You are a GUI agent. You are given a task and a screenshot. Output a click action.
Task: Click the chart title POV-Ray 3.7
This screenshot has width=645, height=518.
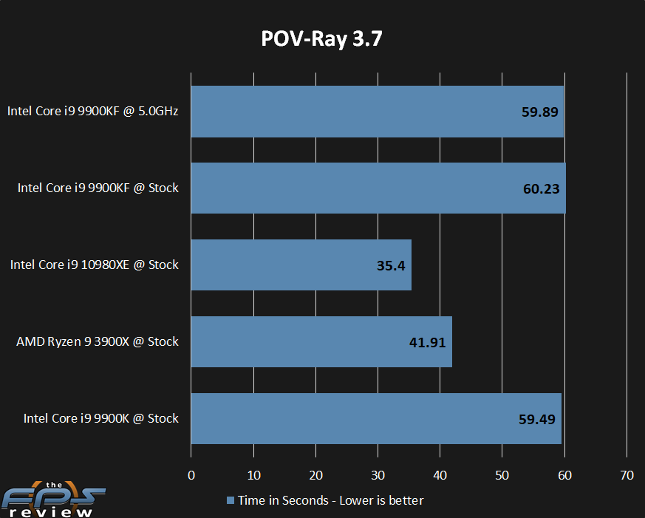(322, 39)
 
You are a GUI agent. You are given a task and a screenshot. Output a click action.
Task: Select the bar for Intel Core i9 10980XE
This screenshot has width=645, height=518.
(301, 265)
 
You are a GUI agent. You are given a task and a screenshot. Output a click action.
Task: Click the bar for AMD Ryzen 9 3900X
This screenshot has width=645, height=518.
(321, 341)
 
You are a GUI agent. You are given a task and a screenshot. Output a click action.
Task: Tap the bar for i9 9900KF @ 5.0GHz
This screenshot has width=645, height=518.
(377, 112)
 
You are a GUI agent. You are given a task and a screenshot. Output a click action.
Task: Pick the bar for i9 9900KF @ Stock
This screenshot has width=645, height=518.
(378, 188)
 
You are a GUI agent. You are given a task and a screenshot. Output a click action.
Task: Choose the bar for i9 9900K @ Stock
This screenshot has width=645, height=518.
(376, 418)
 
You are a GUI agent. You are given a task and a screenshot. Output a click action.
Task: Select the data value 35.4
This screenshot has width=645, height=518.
(391, 265)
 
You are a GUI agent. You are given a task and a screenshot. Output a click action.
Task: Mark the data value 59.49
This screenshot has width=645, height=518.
(536, 419)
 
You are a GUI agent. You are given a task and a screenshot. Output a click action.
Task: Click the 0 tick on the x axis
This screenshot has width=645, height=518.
(191, 475)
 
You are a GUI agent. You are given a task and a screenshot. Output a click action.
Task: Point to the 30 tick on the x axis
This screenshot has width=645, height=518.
(378, 475)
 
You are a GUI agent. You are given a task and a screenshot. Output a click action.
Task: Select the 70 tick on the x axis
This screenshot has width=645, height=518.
(627, 475)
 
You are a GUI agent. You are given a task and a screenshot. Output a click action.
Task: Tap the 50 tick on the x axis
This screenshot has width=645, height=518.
(502, 475)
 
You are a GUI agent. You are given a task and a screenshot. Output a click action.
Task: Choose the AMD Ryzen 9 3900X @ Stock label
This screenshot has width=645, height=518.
(98, 341)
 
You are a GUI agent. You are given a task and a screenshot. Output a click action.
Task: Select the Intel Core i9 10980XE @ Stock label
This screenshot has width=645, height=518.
(95, 265)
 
